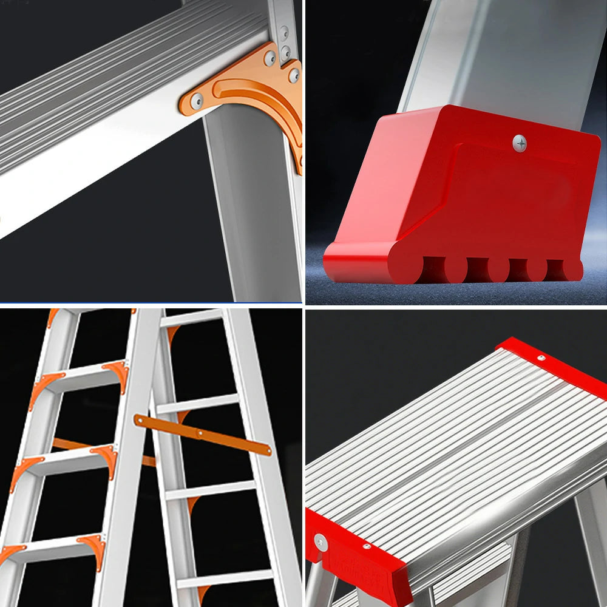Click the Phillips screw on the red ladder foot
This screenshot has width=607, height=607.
tap(519, 143)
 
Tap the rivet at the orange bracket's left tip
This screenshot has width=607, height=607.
tap(195, 97)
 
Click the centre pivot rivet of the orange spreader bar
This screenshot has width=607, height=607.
tap(200, 434)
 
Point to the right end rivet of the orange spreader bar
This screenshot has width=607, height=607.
tap(265, 450)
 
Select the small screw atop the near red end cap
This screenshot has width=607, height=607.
tap(366, 546)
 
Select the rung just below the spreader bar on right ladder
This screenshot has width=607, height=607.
tap(212, 489)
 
